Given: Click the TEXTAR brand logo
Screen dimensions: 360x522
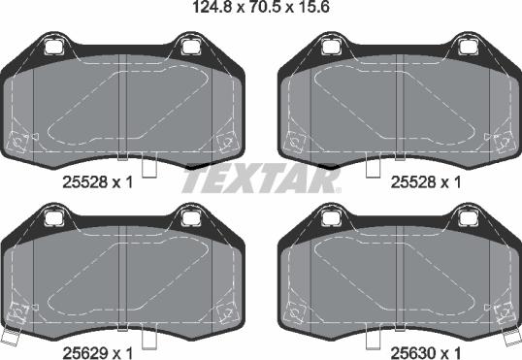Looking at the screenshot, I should (260, 180).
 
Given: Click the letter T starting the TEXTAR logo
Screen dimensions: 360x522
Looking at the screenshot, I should (192, 180).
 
